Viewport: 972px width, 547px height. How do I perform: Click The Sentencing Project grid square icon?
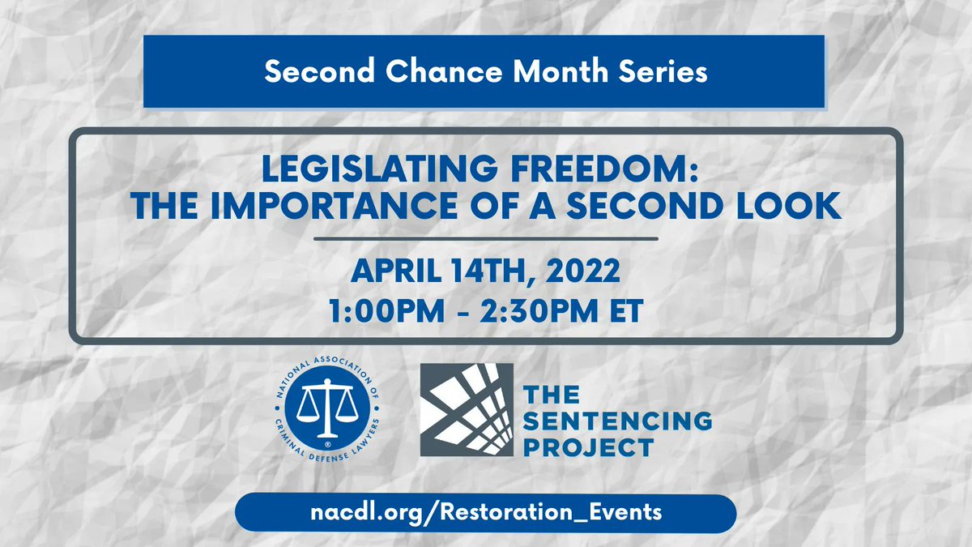click(x=466, y=408)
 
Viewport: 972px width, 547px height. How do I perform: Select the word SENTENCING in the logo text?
click(x=618, y=421)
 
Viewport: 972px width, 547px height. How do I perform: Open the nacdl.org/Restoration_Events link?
click(x=485, y=512)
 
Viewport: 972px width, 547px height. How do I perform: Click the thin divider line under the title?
click(x=485, y=239)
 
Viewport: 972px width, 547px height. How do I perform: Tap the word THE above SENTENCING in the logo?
click(x=552, y=395)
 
